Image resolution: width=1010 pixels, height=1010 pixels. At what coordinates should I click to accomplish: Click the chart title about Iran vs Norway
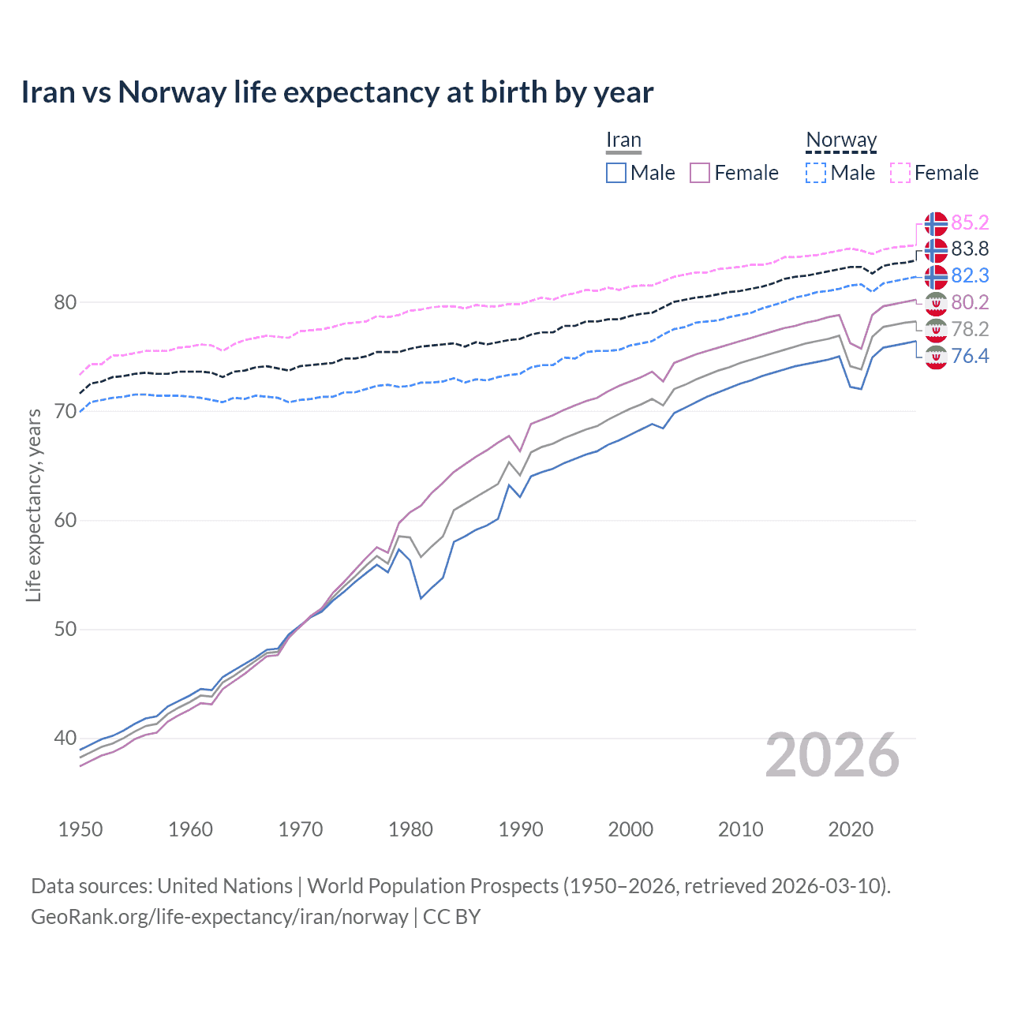coord(337,92)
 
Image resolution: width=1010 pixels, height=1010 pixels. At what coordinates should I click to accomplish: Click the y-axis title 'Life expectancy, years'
coord(33,505)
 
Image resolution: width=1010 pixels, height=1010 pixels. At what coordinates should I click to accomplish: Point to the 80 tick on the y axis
coord(65,302)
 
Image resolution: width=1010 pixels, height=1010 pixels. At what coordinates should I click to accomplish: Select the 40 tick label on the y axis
coord(65,739)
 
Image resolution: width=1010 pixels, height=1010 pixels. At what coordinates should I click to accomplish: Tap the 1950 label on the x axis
coord(80,829)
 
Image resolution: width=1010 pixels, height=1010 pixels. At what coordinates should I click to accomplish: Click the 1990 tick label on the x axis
coord(521,829)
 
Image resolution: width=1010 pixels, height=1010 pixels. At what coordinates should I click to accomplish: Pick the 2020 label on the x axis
coord(851,829)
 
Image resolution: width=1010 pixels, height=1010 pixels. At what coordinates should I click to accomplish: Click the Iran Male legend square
coord(616,173)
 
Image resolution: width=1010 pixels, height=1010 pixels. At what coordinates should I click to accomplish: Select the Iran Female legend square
coord(700,173)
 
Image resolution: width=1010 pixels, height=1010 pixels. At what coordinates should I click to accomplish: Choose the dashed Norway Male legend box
coord(816,173)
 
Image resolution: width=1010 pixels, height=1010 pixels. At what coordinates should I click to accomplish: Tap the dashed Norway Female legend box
coord(900,173)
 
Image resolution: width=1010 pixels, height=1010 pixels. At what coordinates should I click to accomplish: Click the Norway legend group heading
coord(841,140)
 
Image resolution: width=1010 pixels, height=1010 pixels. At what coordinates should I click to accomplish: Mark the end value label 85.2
coord(970,223)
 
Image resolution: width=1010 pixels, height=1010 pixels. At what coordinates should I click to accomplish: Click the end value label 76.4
coord(970,356)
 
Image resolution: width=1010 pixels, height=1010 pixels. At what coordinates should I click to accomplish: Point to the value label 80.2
coord(970,302)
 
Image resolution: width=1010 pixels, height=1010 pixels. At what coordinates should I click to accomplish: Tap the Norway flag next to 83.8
coord(936,250)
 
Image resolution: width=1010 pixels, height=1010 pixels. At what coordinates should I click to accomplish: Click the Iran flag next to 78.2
coord(936,330)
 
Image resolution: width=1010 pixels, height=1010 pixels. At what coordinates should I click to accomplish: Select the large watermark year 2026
coord(832,756)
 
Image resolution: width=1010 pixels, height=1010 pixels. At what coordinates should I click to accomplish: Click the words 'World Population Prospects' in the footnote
coord(432,886)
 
